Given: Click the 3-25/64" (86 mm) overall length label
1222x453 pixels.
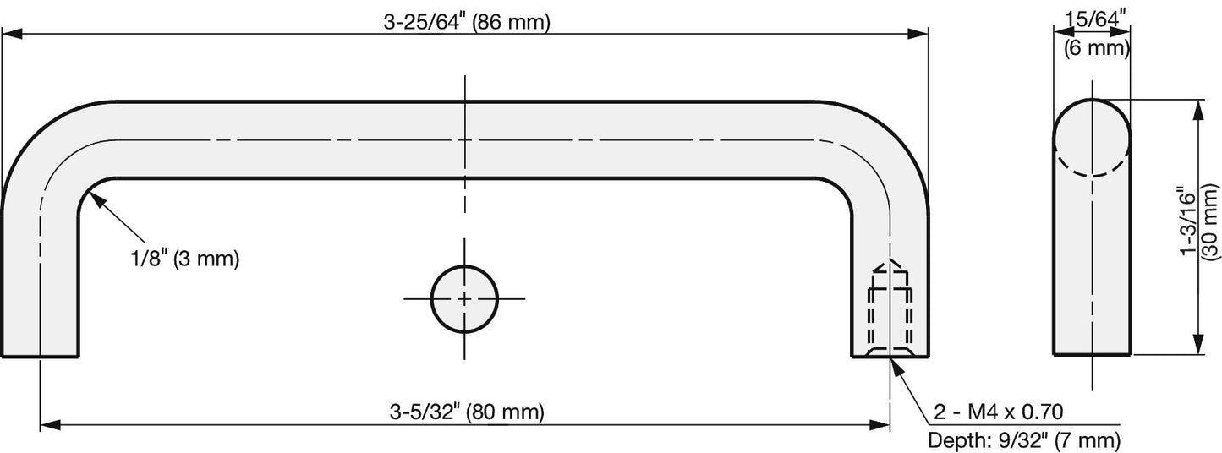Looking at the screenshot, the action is (467, 22).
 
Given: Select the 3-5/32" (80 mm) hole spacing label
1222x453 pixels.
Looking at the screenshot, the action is (467, 412).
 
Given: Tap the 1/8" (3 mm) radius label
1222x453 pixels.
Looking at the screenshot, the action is (185, 258).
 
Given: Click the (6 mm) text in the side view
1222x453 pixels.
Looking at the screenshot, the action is (1097, 48).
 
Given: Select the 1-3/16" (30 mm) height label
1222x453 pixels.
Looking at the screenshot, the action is (1199, 228).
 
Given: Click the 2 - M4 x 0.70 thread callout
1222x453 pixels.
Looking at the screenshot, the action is (999, 412).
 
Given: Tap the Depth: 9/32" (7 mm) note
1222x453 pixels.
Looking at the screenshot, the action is (1024, 440).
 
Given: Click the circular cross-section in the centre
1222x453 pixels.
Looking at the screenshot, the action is (464, 298).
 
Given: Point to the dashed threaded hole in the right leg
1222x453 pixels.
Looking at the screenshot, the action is (890, 316).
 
